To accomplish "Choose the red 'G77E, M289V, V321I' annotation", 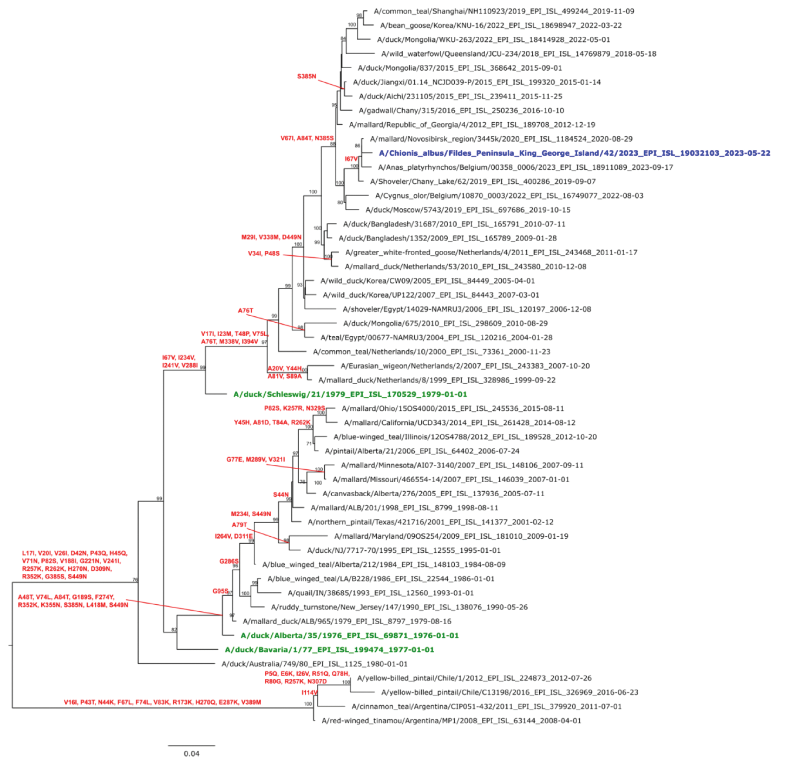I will (255, 459).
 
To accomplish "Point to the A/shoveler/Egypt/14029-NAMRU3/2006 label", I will (467, 309).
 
